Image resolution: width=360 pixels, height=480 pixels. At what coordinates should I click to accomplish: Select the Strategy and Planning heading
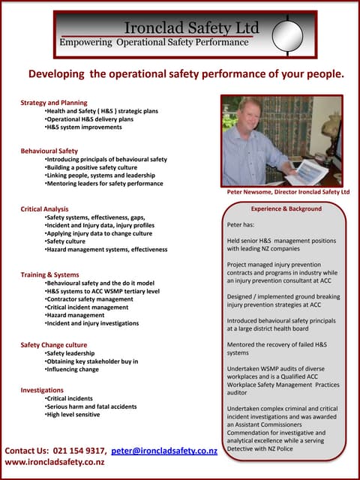(x=54, y=102)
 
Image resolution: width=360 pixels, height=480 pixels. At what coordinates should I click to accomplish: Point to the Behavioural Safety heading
(x=49, y=151)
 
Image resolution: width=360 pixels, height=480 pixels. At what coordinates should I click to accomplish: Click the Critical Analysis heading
(x=45, y=208)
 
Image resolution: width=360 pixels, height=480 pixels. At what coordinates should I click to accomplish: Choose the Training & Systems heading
(x=49, y=274)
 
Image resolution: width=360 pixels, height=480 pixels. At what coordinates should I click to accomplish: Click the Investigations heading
(x=42, y=390)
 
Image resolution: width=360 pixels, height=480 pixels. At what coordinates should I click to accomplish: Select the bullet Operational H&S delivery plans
(x=89, y=118)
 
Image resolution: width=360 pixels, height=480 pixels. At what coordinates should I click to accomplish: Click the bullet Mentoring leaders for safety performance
(x=103, y=184)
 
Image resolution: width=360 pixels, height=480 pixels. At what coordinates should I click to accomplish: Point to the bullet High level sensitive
(x=73, y=414)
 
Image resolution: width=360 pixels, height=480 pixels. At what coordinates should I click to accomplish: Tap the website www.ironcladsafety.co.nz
(x=54, y=463)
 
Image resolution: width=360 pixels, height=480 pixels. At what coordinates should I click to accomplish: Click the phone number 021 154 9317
(x=79, y=451)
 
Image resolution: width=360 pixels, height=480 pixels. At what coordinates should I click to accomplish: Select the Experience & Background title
(x=286, y=208)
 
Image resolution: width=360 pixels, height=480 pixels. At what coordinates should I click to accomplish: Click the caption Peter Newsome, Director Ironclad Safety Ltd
(x=288, y=192)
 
